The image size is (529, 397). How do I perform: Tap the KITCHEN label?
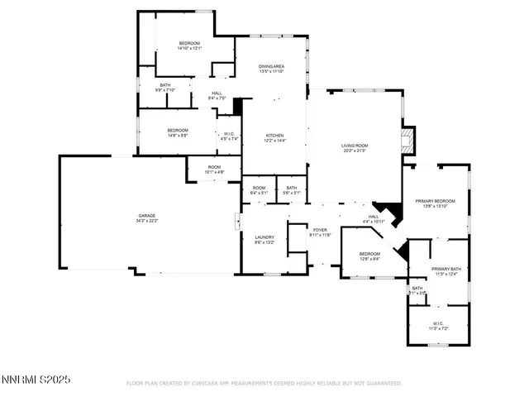[274, 137]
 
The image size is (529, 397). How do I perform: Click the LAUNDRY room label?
[264, 240]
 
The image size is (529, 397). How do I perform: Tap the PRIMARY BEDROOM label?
[435, 203]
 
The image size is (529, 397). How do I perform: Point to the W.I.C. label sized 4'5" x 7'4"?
[229, 136]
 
